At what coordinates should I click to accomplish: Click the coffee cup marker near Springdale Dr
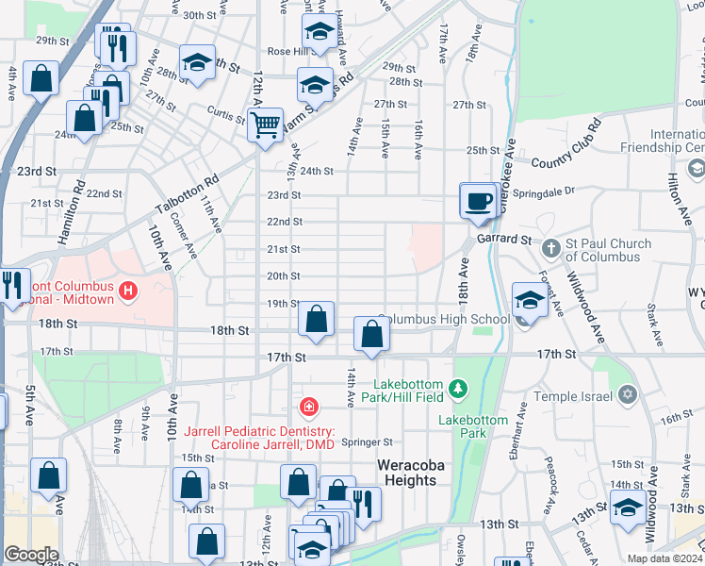[x=479, y=201]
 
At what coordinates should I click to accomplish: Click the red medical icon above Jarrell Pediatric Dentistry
[x=307, y=408]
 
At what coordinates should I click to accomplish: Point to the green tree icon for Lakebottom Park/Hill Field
[x=457, y=388]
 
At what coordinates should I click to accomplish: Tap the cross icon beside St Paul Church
[x=551, y=250]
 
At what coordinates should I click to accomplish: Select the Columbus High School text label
[x=443, y=319]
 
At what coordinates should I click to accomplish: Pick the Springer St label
[x=367, y=441]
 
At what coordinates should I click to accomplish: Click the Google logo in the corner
[x=31, y=555]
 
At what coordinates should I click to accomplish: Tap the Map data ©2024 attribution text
[x=664, y=558]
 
